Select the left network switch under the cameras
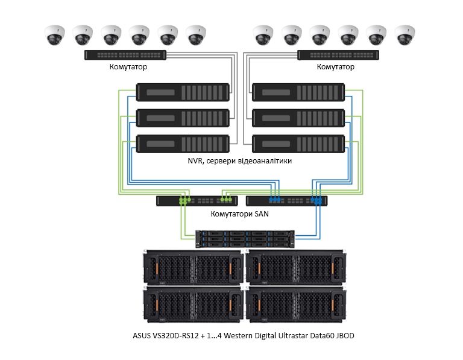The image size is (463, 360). pos(124,55)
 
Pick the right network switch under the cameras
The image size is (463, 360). pos(338,55)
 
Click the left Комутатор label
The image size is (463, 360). pos(128,68)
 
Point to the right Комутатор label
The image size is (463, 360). pos(335,68)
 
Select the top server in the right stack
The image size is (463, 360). pos(299,92)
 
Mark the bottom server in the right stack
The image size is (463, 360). pos(299,144)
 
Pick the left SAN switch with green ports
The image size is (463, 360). pos(197,201)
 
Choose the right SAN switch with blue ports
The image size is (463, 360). pos(287,201)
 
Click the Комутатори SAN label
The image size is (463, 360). pos(239,214)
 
